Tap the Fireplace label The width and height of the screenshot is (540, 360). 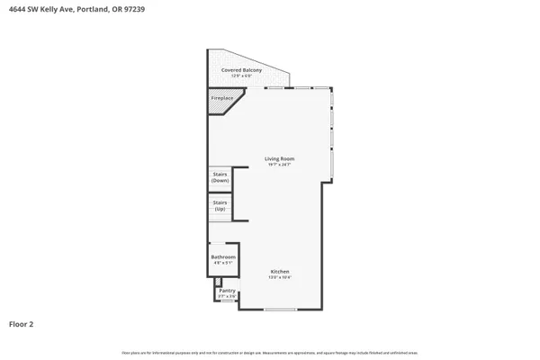click(x=222, y=97)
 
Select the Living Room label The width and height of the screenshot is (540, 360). click(x=279, y=159)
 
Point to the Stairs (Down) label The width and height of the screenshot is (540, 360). click(x=220, y=178)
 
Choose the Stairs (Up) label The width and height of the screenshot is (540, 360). click(x=220, y=206)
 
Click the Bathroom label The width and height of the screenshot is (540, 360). click(x=223, y=256)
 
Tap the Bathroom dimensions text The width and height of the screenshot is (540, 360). click(x=223, y=263)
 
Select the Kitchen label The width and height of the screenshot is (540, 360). click(x=280, y=272)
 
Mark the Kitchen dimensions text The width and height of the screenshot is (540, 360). click(x=280, y=278)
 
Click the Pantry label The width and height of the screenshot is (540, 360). click(x=227, y=290)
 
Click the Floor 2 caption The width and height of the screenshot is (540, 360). click(x=22, y=323)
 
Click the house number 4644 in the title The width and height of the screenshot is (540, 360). click(x=17, y=10)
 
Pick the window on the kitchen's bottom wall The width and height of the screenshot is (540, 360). click(x=280, y=310)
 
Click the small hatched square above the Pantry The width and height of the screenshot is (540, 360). click(x=217, y=282)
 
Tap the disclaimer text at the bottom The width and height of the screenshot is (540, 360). click(x=270, y=352)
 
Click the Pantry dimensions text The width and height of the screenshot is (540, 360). click(x=227, y=296)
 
